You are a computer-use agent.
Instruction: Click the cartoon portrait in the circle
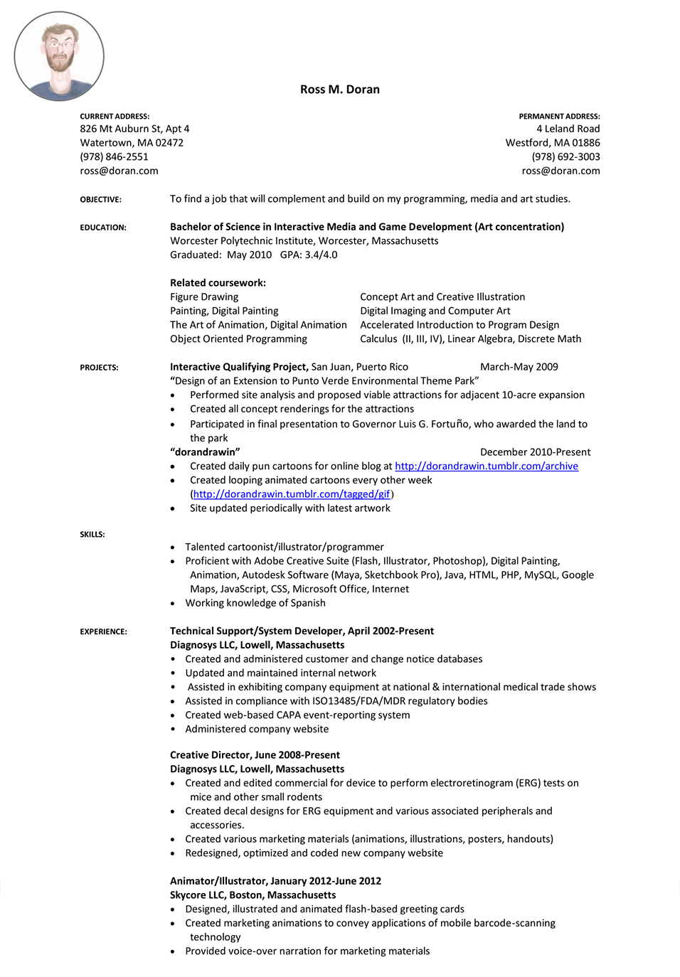59,56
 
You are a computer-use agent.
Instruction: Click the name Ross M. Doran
339,90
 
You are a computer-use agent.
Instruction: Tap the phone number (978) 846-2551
114,157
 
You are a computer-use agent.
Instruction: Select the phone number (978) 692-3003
565,157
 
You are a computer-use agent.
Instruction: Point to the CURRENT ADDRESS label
115,117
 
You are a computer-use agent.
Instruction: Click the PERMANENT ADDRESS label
559,117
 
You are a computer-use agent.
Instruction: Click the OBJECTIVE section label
100,200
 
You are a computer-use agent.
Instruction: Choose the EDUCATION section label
103,228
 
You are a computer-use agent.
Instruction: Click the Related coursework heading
218,283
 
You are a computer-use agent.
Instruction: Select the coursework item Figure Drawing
204,297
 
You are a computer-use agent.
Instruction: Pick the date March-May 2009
519,367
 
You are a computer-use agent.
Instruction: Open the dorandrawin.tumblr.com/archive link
487,466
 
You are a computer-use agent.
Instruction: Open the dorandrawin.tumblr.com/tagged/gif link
292,494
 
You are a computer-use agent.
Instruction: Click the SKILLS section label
92,535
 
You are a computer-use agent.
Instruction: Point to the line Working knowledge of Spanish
255,603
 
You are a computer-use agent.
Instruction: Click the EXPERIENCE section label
103,631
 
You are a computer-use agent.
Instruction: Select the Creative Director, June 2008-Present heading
255,755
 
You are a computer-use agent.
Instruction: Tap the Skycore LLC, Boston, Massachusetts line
253,895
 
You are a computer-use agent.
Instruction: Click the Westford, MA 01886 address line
553,143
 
